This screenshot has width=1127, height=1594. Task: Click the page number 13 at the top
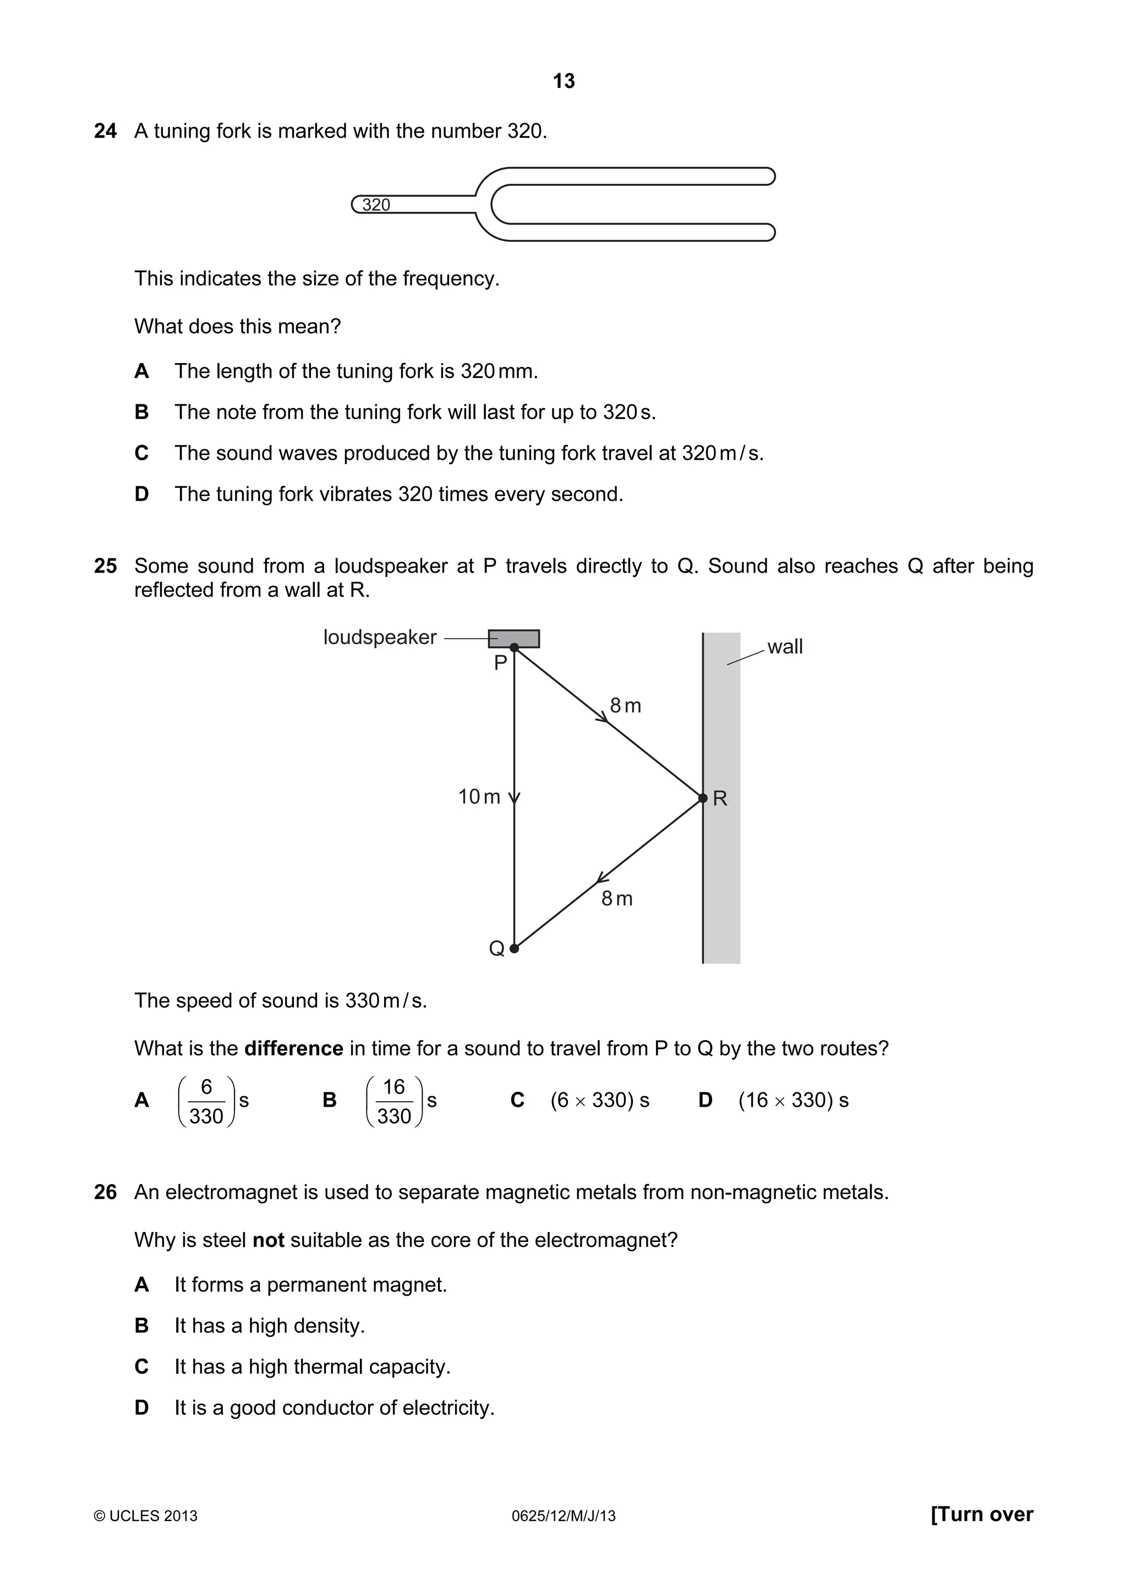[x=563, y=81]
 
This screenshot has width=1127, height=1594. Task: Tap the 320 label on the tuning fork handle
[x=376, y=205]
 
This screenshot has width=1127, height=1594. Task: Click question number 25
[x=106, y=566]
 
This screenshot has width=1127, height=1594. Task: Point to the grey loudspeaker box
[x=514, y=638]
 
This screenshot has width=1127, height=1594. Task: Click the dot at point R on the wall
[x=703, y=799]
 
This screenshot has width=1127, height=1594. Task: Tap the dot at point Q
[x=514, y=948]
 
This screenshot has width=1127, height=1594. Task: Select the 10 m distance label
[x=479, y=797]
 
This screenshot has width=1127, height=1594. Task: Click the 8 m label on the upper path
[x=625, y=706]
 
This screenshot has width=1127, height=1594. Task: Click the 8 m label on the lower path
[x=617, y=899]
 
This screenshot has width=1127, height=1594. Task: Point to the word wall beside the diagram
[x=785, y=646]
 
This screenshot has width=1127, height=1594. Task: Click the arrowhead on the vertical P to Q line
[x=514, y=799]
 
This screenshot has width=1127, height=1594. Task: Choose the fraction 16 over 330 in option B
[x=393, y=1101]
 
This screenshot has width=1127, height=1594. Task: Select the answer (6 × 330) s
[x=599, y=1101]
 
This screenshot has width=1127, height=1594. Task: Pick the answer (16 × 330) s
[x=793, y=1101]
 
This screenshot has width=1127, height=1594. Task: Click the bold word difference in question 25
[x=294, y=1048]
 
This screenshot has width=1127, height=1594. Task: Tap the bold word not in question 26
[x=268, y=1240]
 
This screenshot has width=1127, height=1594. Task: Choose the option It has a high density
[x=270, y=1326]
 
